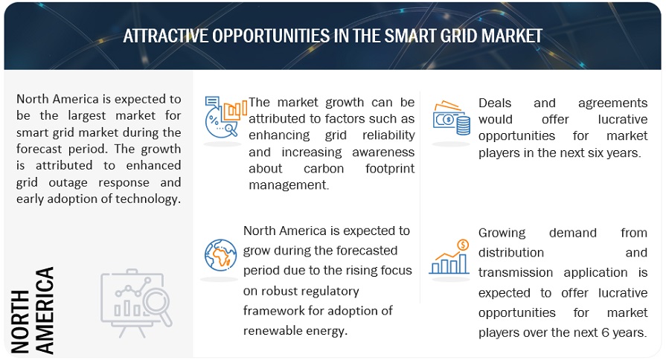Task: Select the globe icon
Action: pos(220,255)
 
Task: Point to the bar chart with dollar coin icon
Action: pos(449,257)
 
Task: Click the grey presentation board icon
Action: pos(136,303)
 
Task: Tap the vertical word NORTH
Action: pos(20,321)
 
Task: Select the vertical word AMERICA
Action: pos(45,310)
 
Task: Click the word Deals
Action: pos(495,103)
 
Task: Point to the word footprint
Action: pos(390,169)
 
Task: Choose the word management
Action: pos(289,185)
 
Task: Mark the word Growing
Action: pos(502,233)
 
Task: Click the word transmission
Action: pos(516,272)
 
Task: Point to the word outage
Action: pos(68,182)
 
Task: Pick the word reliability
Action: pos(388,135)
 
